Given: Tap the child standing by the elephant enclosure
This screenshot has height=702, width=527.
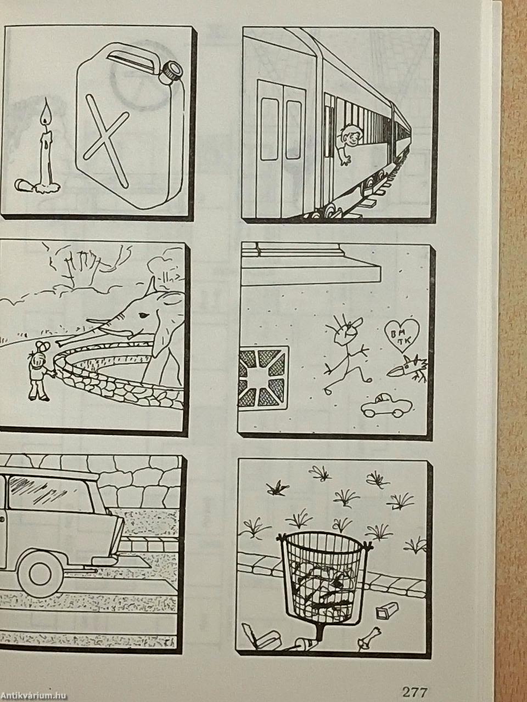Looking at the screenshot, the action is click(x=39, y=371).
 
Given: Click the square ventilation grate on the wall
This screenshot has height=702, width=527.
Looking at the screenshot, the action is click(x=263, y=377).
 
